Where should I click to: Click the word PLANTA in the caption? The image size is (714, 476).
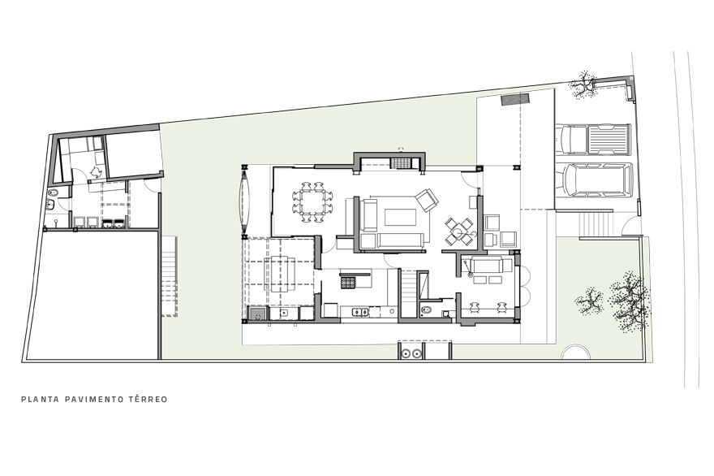(x=40, y=400)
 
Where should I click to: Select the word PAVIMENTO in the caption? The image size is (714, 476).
(x=94, y=400)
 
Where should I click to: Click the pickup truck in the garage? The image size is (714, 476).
(x=593, y=139)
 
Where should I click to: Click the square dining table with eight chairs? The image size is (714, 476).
(x=312, y=202)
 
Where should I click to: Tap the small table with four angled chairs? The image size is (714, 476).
(x=459, y=232)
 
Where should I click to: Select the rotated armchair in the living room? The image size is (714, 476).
(x=426, y=200)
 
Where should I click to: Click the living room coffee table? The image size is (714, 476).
(x=401, y=217)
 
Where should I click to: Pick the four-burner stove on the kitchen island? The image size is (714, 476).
(x=348, y=283)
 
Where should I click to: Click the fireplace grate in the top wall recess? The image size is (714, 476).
(x=401, y=162)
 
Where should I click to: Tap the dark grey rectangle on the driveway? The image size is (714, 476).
(x=515, y=99)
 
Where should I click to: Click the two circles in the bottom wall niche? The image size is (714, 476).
(x=411, y=353)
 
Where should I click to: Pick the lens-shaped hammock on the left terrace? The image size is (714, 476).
(x=245, y=201)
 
